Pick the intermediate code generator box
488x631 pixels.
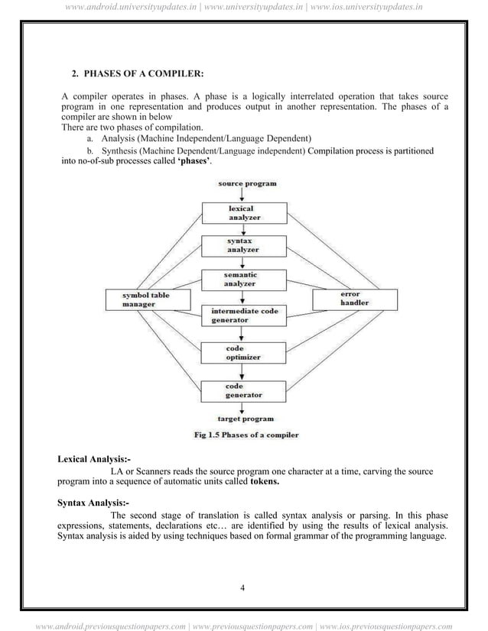244,315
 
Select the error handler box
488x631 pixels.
355,299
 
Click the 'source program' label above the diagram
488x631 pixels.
247,184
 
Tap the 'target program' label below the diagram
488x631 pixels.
245,419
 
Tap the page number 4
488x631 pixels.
242,587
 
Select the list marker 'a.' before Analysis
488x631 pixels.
90,138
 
